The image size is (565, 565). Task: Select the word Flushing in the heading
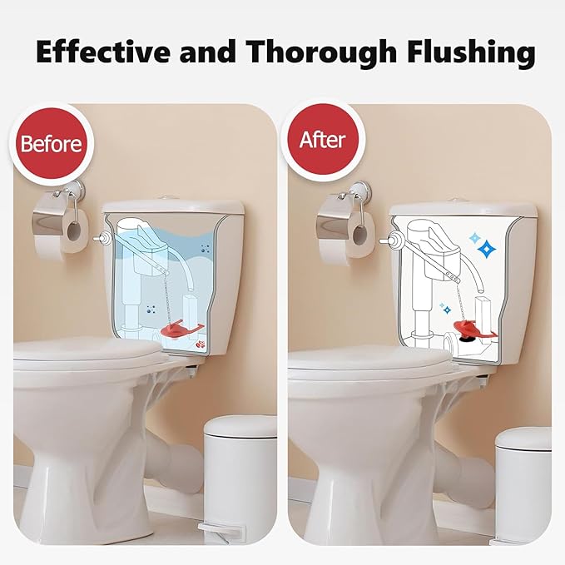coord(469,52)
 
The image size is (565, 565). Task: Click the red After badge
coord(321,139)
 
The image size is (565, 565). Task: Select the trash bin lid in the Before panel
coord(241,427)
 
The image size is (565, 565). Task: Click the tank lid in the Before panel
coord(172,206)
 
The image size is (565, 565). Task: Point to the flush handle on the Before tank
coord(102,238)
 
